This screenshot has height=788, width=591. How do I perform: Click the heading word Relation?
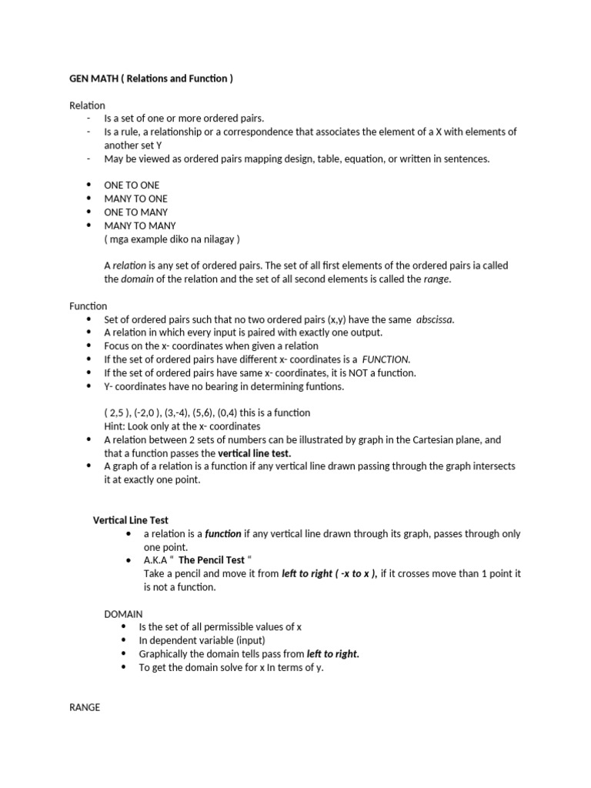(87, 105)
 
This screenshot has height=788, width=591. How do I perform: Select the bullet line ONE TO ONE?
(132, 185)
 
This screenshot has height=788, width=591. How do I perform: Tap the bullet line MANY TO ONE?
(135, 199)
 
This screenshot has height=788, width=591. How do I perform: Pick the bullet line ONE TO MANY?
(135, 212)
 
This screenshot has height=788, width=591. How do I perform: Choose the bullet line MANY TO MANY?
(140, 225)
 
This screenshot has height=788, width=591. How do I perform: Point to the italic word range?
(436, 279)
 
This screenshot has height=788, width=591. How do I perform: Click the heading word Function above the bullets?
(88, 306)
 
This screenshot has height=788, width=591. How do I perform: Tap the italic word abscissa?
(435, 319)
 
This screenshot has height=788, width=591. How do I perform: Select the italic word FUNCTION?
(386, 359)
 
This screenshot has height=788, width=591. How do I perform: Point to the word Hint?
(115, 426)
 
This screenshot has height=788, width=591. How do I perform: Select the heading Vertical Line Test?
(131, 520)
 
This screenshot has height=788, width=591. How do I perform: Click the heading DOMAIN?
(123, 614)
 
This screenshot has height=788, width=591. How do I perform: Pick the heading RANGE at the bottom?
(85, 706)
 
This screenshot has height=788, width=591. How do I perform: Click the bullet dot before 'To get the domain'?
(125, 668)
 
